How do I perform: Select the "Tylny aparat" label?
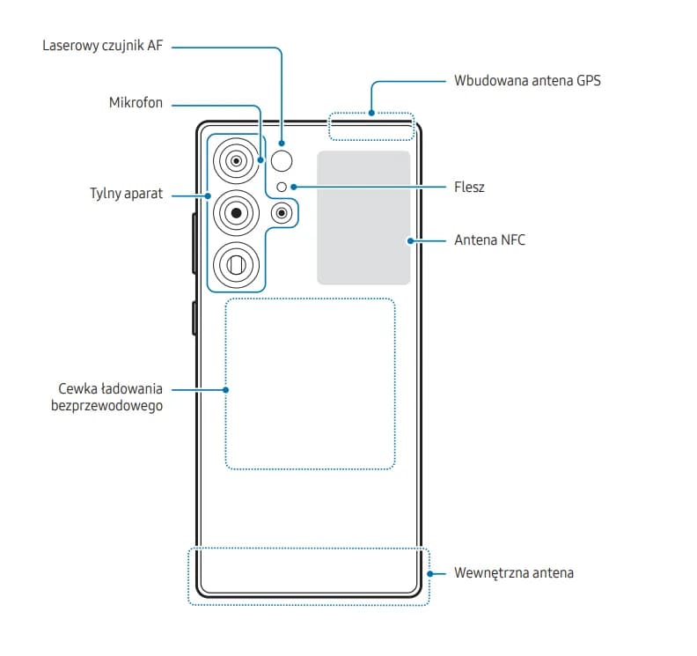click(x=126, y=194)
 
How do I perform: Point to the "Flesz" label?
click(x=470, y=187)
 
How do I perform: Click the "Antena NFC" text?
click(x=489, y=240)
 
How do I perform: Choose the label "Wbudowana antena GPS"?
click(x=527, y=80)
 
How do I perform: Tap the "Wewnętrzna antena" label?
click(x=514, y=572)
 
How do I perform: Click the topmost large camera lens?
click(x=236, y=160)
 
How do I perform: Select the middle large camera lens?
click(x=236, y=211)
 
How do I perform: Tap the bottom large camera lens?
click(x=236, y=262)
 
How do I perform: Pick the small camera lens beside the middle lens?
click(x=282, y=212)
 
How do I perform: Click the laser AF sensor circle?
click(x=282, y=160)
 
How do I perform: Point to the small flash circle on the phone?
click(x=281, y=187)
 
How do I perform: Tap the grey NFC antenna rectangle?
click(x=363, y=217)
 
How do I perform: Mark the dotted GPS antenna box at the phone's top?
click(x=371, y=126)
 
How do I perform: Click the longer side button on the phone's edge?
click(x=193, y=243)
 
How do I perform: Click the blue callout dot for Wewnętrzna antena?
click(x=429, y=572)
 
